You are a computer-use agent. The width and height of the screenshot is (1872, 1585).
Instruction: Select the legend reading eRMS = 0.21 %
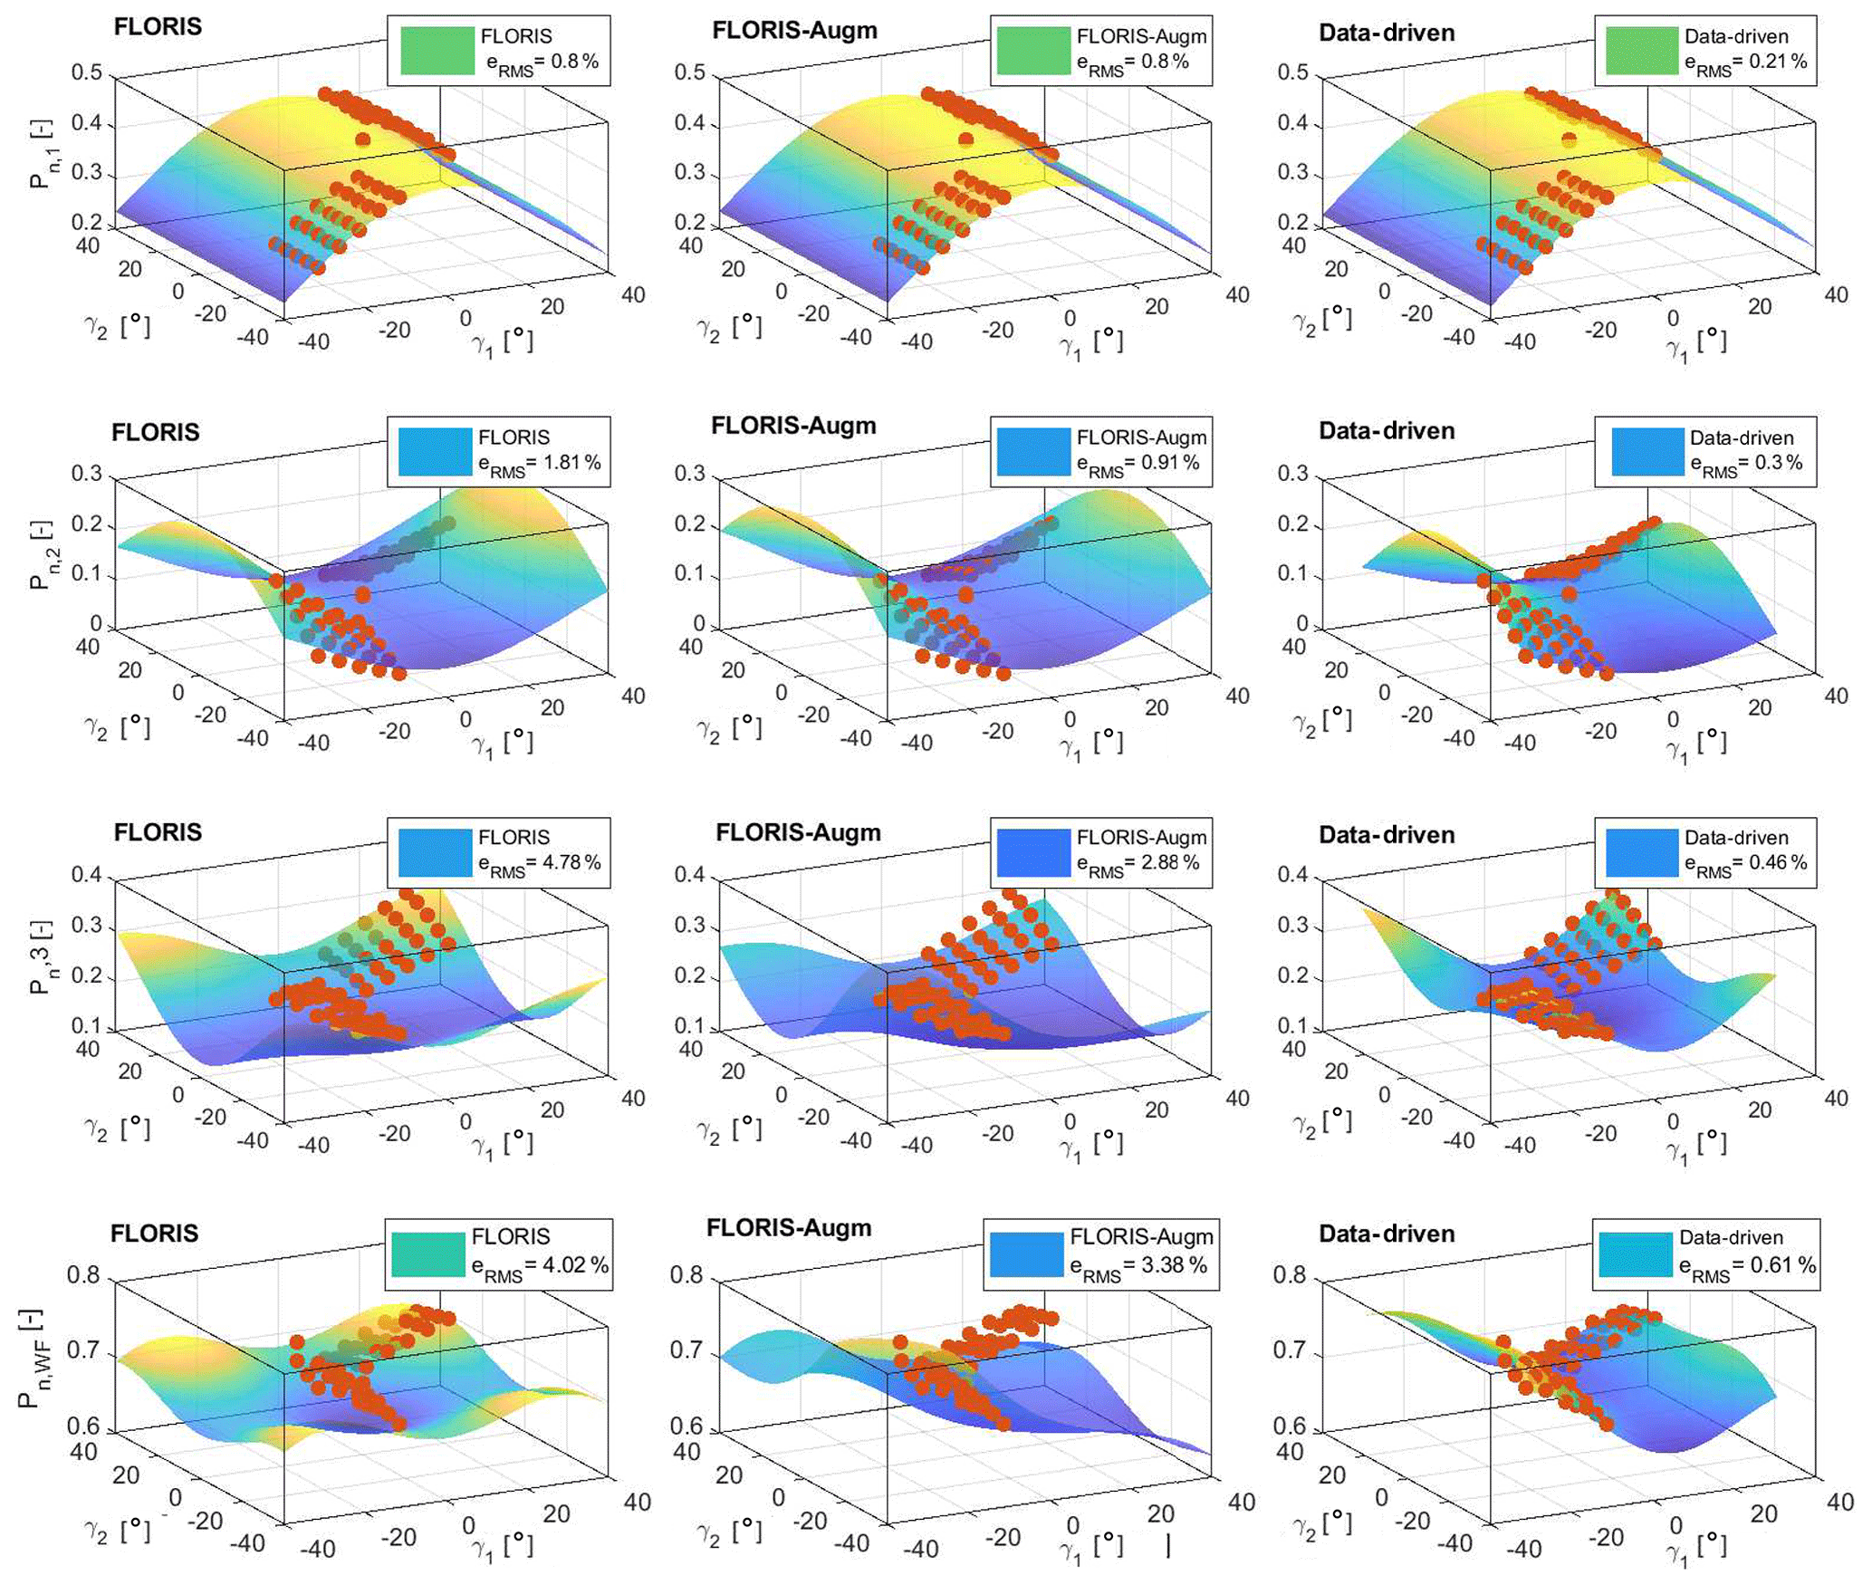(1745, 62)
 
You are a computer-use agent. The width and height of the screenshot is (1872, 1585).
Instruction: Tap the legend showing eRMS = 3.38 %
(1138, 1265)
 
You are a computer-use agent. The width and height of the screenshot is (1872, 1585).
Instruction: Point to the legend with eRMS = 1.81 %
(540, 463)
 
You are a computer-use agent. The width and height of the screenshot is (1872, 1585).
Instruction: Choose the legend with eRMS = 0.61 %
(1747, 1265)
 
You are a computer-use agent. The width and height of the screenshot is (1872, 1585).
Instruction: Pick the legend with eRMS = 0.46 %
(1745, 863)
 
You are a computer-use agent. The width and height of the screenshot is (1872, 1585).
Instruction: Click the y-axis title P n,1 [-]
(41, 154)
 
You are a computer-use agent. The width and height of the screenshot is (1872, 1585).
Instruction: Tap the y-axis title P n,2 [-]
(41, 555)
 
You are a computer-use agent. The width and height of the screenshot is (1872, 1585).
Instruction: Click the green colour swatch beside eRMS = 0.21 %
(1642, 51)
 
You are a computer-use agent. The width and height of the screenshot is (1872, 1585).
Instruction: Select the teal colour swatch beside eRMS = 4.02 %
(428, 1254)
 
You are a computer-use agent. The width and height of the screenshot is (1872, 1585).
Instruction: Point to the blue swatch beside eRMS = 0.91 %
(1033, 452)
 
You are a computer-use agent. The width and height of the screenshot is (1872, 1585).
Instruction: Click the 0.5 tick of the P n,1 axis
(87, 72)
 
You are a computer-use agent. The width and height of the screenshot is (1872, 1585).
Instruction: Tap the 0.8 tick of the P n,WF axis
(83, 1275)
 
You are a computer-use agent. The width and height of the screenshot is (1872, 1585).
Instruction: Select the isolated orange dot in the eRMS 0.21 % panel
(1569, 139)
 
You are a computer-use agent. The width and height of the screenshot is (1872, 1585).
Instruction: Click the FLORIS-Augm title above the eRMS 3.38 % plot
(789, 1228)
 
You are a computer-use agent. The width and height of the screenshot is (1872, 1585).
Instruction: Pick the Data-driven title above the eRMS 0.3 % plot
(1387, 431)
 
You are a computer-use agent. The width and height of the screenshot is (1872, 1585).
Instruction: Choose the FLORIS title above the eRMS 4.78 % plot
(158, 832)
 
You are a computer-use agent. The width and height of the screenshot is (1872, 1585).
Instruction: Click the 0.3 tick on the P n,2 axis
(87, 474)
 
